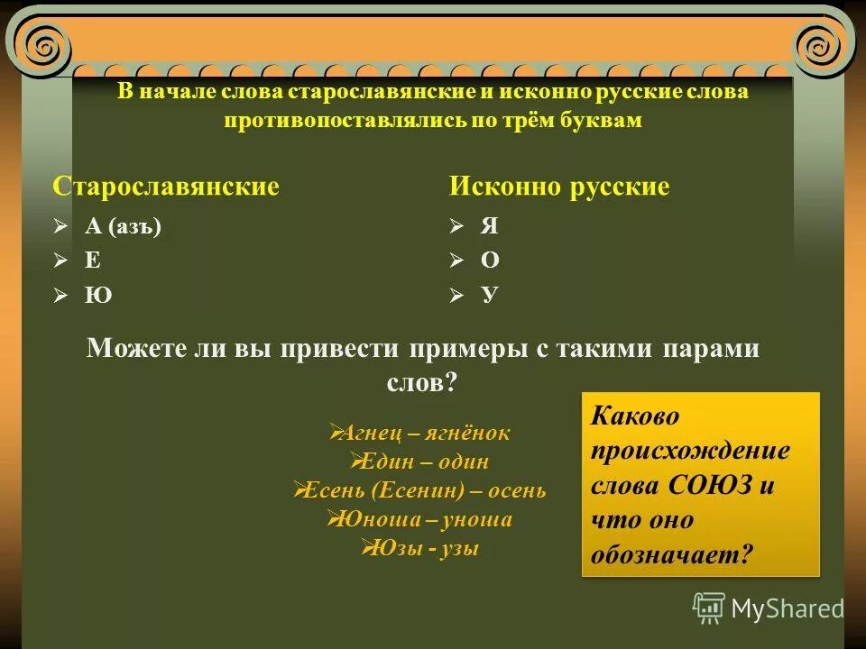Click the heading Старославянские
click(166, 187)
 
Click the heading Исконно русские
click(559, 187)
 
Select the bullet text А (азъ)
click(123, 226)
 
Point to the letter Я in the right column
click(489, 226)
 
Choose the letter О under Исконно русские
click(490, 261)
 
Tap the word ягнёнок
click(473, 434)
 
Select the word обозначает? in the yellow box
click(671, 553)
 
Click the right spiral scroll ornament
click(822, 41)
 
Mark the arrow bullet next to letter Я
click(457, 226)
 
